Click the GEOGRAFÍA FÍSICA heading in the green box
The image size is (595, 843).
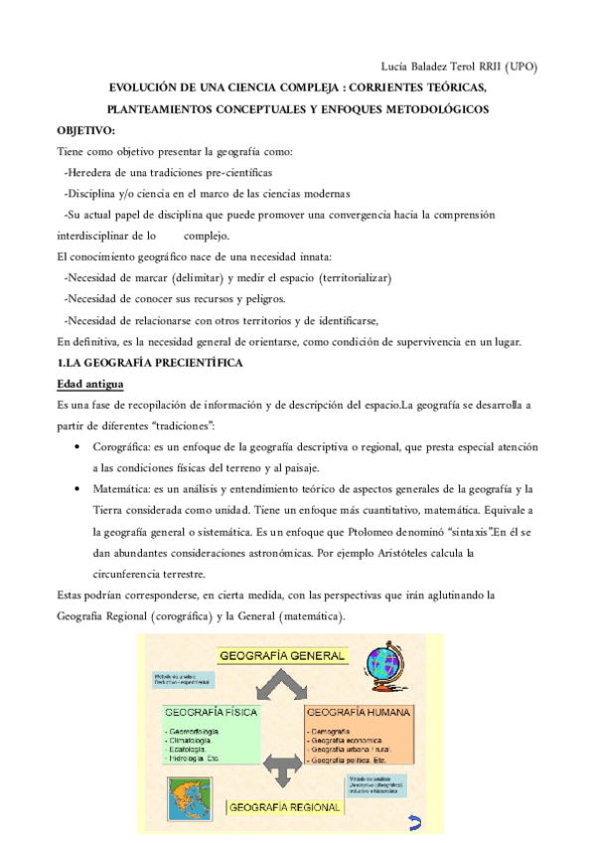click(x=212, y=713)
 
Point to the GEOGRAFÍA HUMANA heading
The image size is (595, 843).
click(x=360, y=713)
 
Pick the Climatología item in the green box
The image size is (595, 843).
click(x=195, y=741)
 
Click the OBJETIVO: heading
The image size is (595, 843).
click(x=86, y=130)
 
